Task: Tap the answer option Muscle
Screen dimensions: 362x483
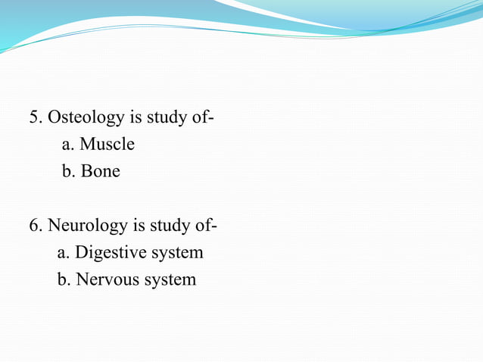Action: (107, 144)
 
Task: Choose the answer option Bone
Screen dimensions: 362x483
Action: (101, 171)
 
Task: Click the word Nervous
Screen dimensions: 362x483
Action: (107, 279)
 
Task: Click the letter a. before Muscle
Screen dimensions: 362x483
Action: (67, 144)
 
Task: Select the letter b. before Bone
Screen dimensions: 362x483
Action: (68, 171)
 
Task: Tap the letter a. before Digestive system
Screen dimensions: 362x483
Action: (63, 253)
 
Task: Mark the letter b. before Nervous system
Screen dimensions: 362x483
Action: (64, 279)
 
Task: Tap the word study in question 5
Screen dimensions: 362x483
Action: (160, 117)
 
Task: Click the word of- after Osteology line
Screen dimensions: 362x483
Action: (195, 117)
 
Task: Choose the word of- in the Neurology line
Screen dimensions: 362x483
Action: (204, 226)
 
